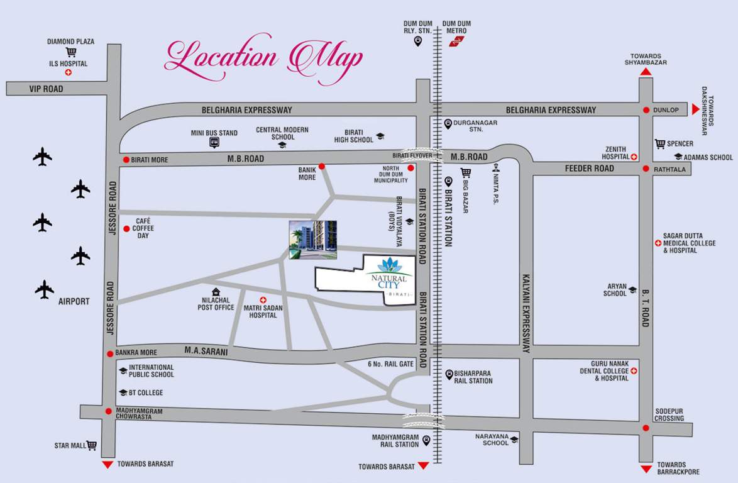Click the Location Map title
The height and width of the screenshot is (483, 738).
[264, 58]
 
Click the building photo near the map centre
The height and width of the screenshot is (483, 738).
[312, 240]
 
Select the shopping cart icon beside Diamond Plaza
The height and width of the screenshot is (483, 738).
[70, 52]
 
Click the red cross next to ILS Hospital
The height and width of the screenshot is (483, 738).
[69, 73]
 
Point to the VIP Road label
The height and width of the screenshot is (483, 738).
[46, 89]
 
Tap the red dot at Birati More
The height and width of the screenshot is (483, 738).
[126, 160]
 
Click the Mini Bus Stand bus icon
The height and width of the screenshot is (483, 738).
[214, 143]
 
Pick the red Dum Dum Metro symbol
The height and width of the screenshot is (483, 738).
[456, 42]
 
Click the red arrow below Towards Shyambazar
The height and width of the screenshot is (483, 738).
[646, 72]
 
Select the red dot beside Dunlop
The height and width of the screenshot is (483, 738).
[646, 110]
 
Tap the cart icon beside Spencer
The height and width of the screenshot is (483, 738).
[660, 144]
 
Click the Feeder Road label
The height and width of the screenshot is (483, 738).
[589, 169]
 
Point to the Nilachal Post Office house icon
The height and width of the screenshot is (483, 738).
[216, 292]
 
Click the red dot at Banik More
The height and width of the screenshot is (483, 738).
[321, 167]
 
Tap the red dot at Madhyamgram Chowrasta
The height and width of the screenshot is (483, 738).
[109, 411]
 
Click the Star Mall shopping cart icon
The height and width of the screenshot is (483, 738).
[92, 445]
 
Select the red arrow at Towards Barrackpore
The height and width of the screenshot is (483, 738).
[646, 469]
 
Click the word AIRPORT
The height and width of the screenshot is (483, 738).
[74, 301]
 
